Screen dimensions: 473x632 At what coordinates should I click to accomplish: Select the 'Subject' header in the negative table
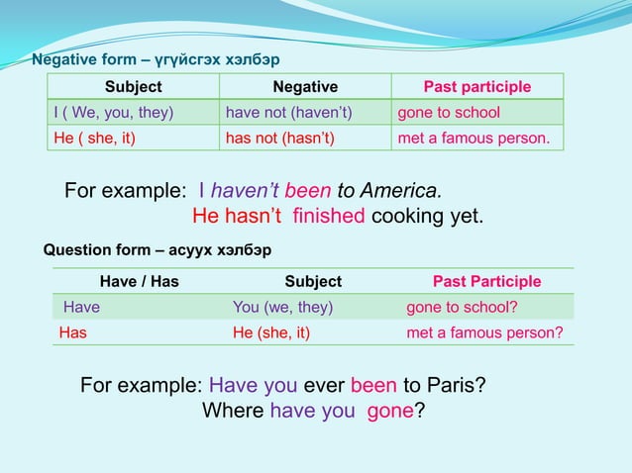pyautogui.click(x=134, y=87)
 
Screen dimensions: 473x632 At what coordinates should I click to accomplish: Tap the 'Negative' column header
pyautogui.click(x=305, y=87)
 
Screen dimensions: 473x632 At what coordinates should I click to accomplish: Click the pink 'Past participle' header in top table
pyautogui.click(x=477, y=87)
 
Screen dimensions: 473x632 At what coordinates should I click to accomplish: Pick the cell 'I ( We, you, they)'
pyautogui.click(x=113, y=112)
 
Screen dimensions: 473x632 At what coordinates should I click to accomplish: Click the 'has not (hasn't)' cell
pyautogui.click(x=280, y=138)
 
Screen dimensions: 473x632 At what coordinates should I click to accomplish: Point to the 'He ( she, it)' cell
pyautogui.click(x=94, y=138)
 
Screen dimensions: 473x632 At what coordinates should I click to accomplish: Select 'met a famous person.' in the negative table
pyautogui.click(x=473, y=138)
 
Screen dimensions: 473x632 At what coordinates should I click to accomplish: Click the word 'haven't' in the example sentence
pyautogui.click(x=246, y=190)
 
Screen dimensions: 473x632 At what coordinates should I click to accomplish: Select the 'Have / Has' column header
pyautogui.click(x=140, y=282)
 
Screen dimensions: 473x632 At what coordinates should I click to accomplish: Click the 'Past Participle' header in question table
pyautogui.click(x=487, y=282)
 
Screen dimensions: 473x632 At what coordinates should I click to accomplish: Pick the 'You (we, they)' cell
pyautogui.click(x=282, y=307)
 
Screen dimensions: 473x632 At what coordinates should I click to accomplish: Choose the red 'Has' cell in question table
pyautogui.click(x=73, y=332)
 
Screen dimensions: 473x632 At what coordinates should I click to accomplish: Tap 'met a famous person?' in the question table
pyautogui.click(x=484, y=332)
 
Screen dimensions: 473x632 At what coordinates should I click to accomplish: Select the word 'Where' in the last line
pyautogui.click(x=233, y=410)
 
